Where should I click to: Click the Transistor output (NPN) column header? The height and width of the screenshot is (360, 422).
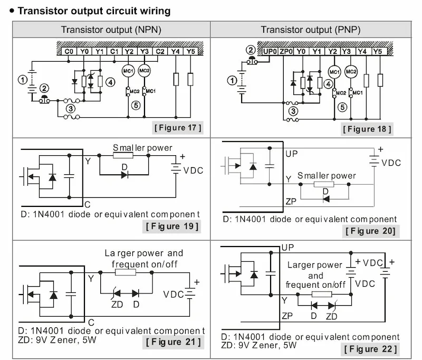point(111,30)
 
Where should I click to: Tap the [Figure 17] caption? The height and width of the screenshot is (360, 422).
point(178,127)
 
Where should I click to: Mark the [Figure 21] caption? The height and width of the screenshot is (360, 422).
point(173,342)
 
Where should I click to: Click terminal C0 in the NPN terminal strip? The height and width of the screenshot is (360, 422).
point(69,51)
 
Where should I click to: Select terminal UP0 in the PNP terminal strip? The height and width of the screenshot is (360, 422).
point(270,51)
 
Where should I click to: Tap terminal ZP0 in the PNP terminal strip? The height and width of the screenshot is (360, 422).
point(285,51)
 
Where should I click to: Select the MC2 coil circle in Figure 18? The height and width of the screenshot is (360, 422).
point(350,71)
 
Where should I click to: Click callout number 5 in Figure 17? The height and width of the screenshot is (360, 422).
point(136,105)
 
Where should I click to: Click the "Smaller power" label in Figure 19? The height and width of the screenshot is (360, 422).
point(142,148)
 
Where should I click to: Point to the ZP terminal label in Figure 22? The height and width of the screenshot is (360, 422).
point(287,316)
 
